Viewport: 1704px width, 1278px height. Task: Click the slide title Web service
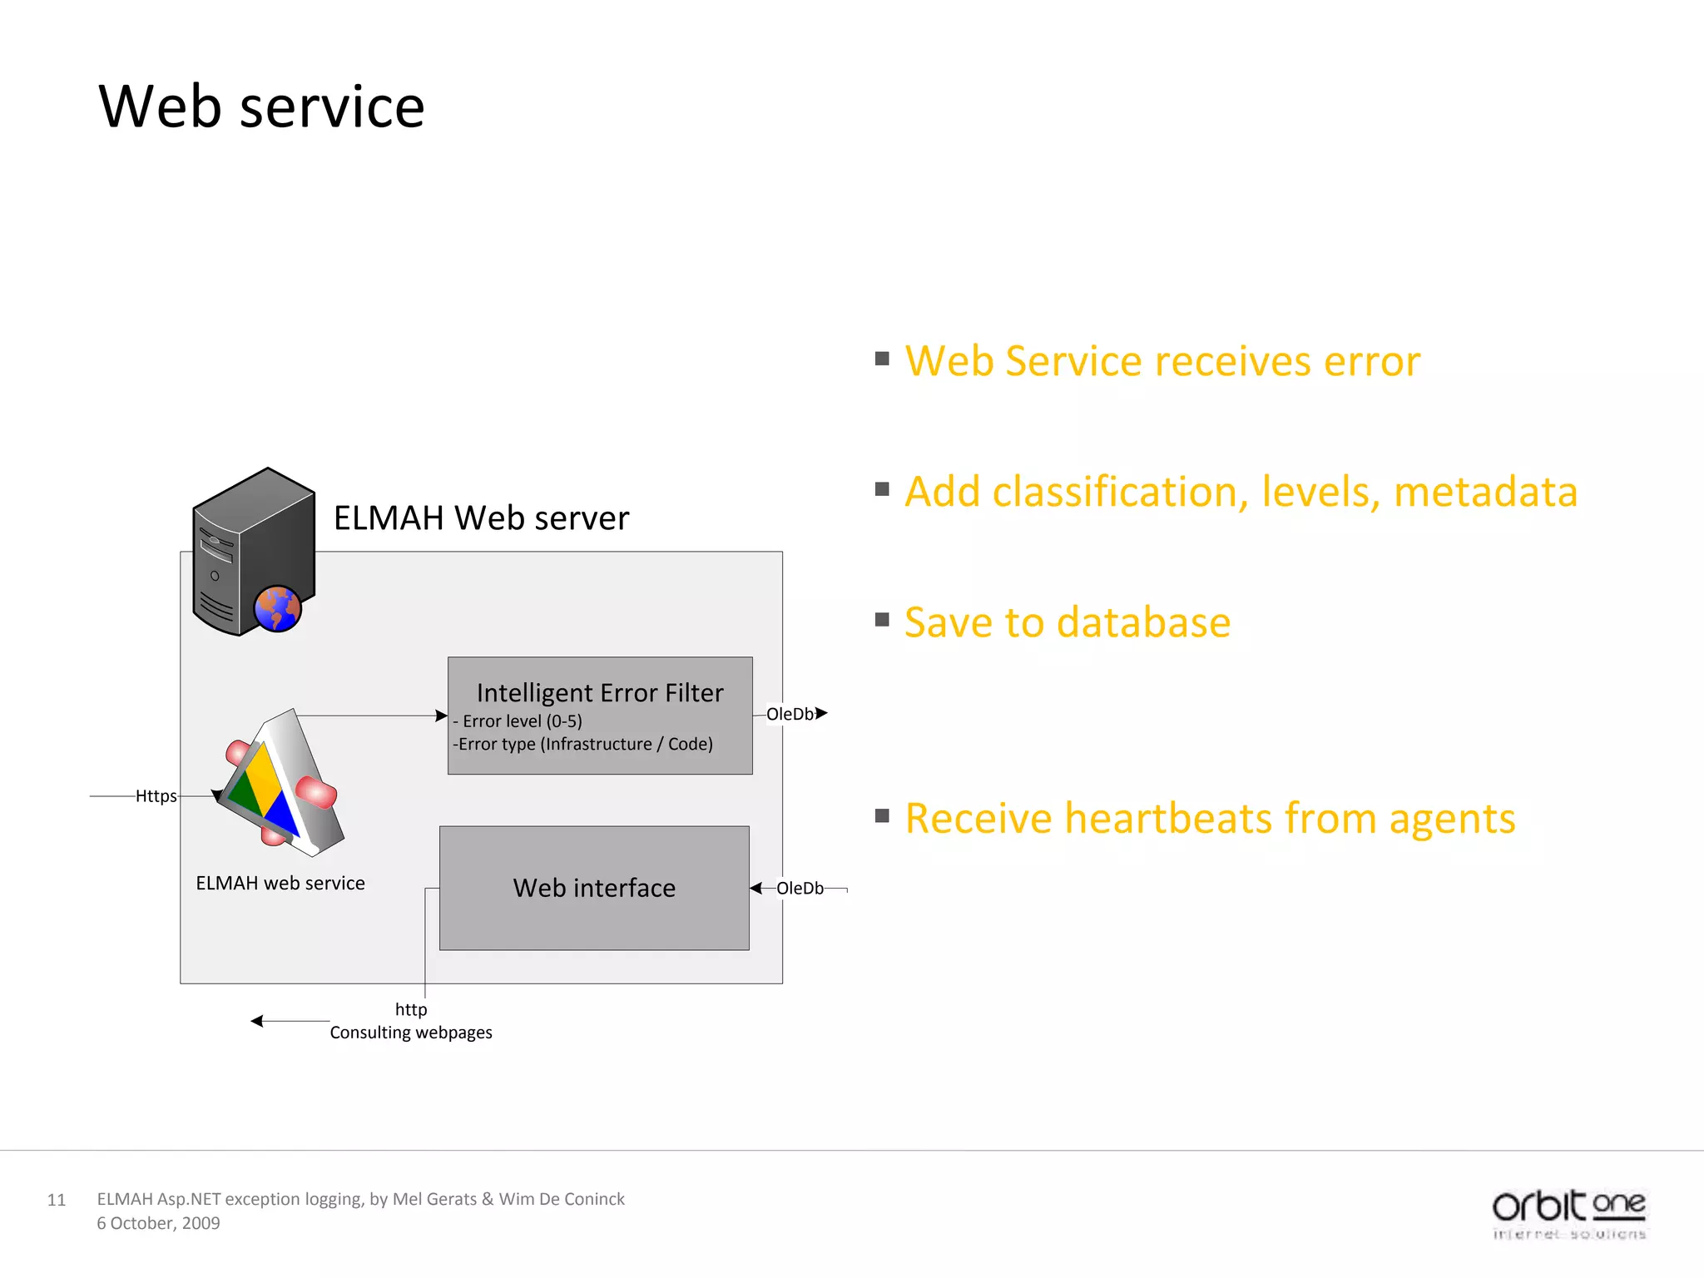261,107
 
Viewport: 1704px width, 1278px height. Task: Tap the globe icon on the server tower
277,609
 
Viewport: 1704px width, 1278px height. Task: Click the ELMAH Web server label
481,518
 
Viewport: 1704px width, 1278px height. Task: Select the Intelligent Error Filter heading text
599,692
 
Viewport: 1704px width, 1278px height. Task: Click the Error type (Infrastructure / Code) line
583,744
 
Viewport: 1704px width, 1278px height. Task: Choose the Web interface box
594,888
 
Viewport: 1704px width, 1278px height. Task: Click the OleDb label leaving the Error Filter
789,714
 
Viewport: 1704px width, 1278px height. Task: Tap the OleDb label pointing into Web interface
799,889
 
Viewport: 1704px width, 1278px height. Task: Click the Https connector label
156,796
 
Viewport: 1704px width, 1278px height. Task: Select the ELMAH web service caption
280,883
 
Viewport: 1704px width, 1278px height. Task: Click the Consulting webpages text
410,1033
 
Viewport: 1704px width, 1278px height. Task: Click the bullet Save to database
1067,622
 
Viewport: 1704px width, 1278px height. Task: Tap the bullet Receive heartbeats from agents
1209,818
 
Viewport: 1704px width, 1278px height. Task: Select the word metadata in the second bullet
1485,492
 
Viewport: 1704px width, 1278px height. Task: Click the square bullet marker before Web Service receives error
882,359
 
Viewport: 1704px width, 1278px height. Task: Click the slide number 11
56,1200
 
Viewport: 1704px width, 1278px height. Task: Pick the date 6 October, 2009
158,1223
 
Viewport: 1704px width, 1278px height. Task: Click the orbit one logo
1568,1213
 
